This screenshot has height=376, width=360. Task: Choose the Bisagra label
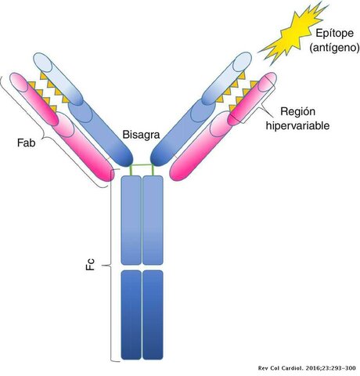pos(142,134)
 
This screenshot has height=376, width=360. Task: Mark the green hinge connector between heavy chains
pos(142,168)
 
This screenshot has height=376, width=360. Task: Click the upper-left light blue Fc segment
pos(131,219)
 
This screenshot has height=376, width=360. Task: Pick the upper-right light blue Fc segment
pos(153,219)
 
